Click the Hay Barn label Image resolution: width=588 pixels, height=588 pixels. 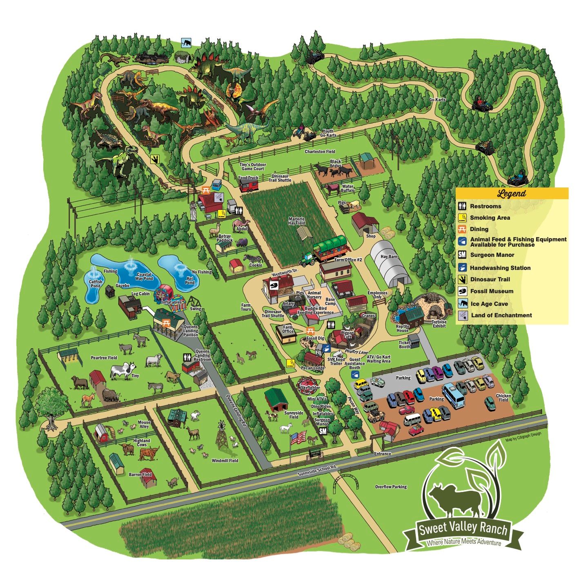coord(389,256)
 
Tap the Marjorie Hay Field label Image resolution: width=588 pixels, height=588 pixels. coord(296,221)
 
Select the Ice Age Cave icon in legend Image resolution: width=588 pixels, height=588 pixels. coord(462,303)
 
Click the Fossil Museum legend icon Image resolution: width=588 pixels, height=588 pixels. coord(462,291)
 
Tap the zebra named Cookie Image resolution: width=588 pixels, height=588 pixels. coord(250,258)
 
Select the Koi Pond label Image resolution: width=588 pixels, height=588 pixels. coord(190,280)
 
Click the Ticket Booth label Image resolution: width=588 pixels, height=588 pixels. coord(404,345)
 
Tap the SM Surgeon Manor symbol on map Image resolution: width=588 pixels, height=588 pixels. coord(323,431)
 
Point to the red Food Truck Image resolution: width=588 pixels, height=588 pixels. coord(249,185)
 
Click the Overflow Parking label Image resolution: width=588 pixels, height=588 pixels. coord(391,487)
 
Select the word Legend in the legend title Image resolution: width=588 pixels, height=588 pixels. coord(512,194)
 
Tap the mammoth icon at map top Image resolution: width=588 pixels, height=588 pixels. coord(186,42)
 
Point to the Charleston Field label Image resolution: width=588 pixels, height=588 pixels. coord(320,151)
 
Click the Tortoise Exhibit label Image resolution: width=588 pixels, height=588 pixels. coord(439,324)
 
